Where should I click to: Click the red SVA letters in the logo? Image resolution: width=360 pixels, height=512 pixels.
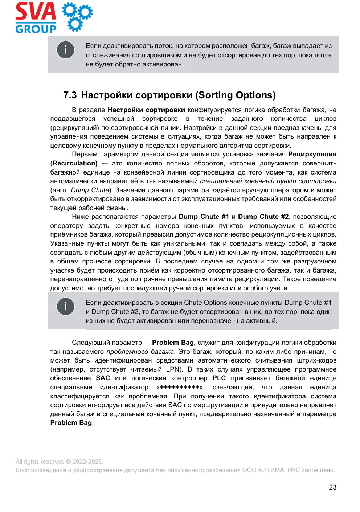36,12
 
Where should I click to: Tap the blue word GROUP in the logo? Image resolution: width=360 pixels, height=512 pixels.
36,29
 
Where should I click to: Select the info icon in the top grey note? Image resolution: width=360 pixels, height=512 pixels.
65,50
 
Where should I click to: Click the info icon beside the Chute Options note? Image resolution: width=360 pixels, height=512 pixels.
65,307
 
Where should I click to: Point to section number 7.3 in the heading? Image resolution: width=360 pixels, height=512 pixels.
70,95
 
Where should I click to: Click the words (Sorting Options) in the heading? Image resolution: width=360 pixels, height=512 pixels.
236,95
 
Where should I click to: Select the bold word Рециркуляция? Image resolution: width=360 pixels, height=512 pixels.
312,154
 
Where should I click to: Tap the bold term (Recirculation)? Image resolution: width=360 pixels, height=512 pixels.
74,163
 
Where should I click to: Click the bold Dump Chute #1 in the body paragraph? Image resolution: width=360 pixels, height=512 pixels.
204,217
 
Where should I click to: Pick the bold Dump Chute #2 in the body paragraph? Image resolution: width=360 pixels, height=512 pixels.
263,217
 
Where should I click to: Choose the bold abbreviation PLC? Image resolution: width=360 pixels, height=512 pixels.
219,378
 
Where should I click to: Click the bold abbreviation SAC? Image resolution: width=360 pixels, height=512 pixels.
103,378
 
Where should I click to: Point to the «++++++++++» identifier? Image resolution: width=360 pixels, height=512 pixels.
180,387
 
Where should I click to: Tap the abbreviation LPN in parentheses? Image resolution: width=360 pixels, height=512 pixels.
173,369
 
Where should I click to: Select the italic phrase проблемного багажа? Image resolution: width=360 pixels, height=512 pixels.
140,352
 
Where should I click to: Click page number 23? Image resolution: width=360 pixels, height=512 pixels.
332,487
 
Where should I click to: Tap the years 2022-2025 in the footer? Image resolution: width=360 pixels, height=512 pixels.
87,462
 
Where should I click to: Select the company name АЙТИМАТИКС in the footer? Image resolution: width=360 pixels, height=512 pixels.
279,470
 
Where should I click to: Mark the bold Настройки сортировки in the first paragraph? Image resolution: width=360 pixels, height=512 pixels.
146,110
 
